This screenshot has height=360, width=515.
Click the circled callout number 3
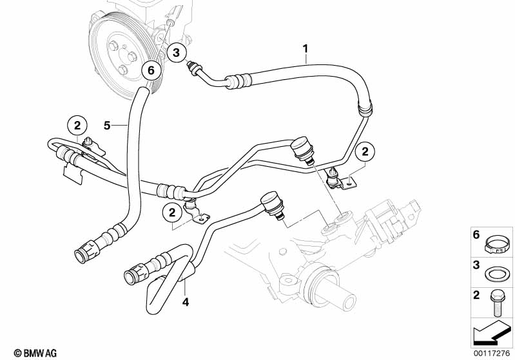coord(177,53)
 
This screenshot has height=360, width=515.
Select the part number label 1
coord(306,48)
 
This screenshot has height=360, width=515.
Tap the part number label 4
coord(184,301)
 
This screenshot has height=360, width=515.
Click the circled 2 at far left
coord(77,124)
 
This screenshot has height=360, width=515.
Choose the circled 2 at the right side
coord(365,151)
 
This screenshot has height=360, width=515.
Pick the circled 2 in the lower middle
coord(172,211)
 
